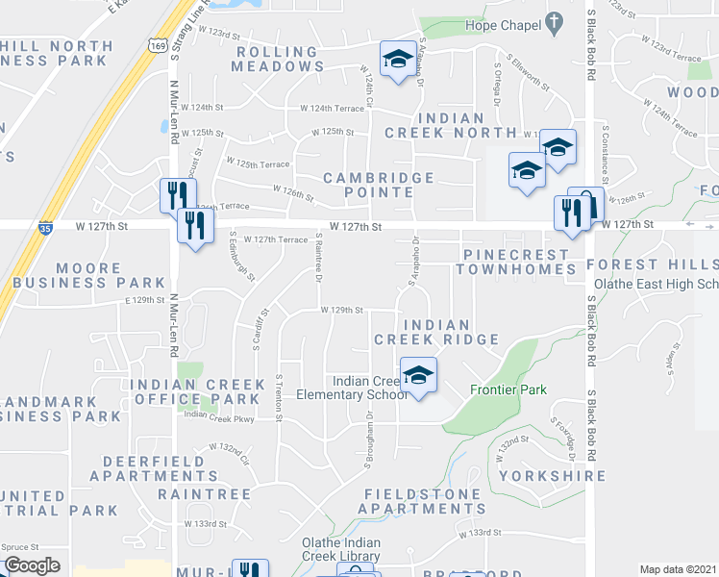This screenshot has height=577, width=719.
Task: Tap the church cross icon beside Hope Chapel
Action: (554, 20)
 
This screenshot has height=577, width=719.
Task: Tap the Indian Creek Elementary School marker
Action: (418, 375)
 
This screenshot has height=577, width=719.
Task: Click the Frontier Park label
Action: (508, 389)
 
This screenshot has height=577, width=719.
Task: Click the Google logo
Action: (32, 565)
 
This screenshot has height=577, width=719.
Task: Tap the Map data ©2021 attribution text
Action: (678, 569)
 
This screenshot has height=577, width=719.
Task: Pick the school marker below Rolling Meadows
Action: (394, 59)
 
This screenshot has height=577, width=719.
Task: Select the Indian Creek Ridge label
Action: (435, 333)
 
